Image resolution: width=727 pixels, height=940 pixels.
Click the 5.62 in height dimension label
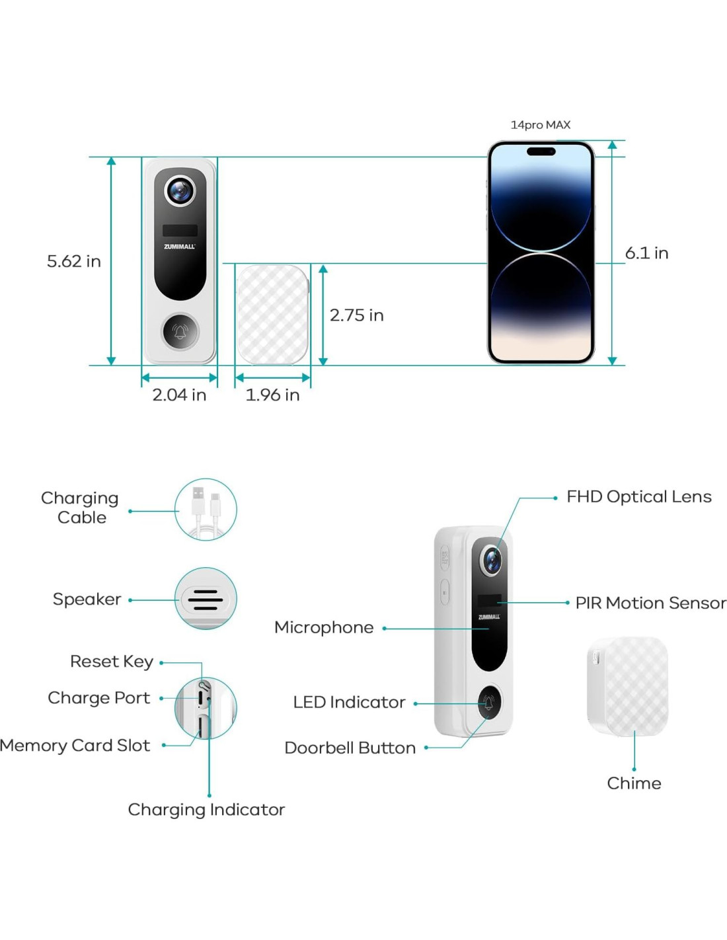[73, 261]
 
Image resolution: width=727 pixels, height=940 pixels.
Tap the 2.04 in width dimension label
[179, 395]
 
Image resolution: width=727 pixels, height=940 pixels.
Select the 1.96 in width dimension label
[272, 395]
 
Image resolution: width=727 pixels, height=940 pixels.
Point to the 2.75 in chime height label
[356, 315]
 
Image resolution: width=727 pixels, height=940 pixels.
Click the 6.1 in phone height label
[646, 253]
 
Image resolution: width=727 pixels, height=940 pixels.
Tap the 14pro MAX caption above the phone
[540, 125]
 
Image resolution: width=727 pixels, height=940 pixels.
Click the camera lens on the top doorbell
[180, 191]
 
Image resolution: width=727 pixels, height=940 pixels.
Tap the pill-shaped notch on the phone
[541, 151]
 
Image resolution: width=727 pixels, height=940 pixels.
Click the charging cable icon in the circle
[206, 510]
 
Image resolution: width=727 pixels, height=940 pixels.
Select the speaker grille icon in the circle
[206, 599]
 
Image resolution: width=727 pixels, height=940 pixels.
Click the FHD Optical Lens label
[638, 496]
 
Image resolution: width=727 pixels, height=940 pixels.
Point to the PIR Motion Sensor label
[650, 603]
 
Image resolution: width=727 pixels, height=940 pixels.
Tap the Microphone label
[324, 627]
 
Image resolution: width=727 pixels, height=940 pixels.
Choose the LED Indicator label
[349, 702]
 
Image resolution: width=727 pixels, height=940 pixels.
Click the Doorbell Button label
[350, 748]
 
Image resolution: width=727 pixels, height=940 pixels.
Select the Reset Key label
[112, 661]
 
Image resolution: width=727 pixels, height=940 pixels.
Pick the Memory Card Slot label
[75, 746]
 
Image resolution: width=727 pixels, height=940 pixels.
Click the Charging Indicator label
[206, 810]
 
